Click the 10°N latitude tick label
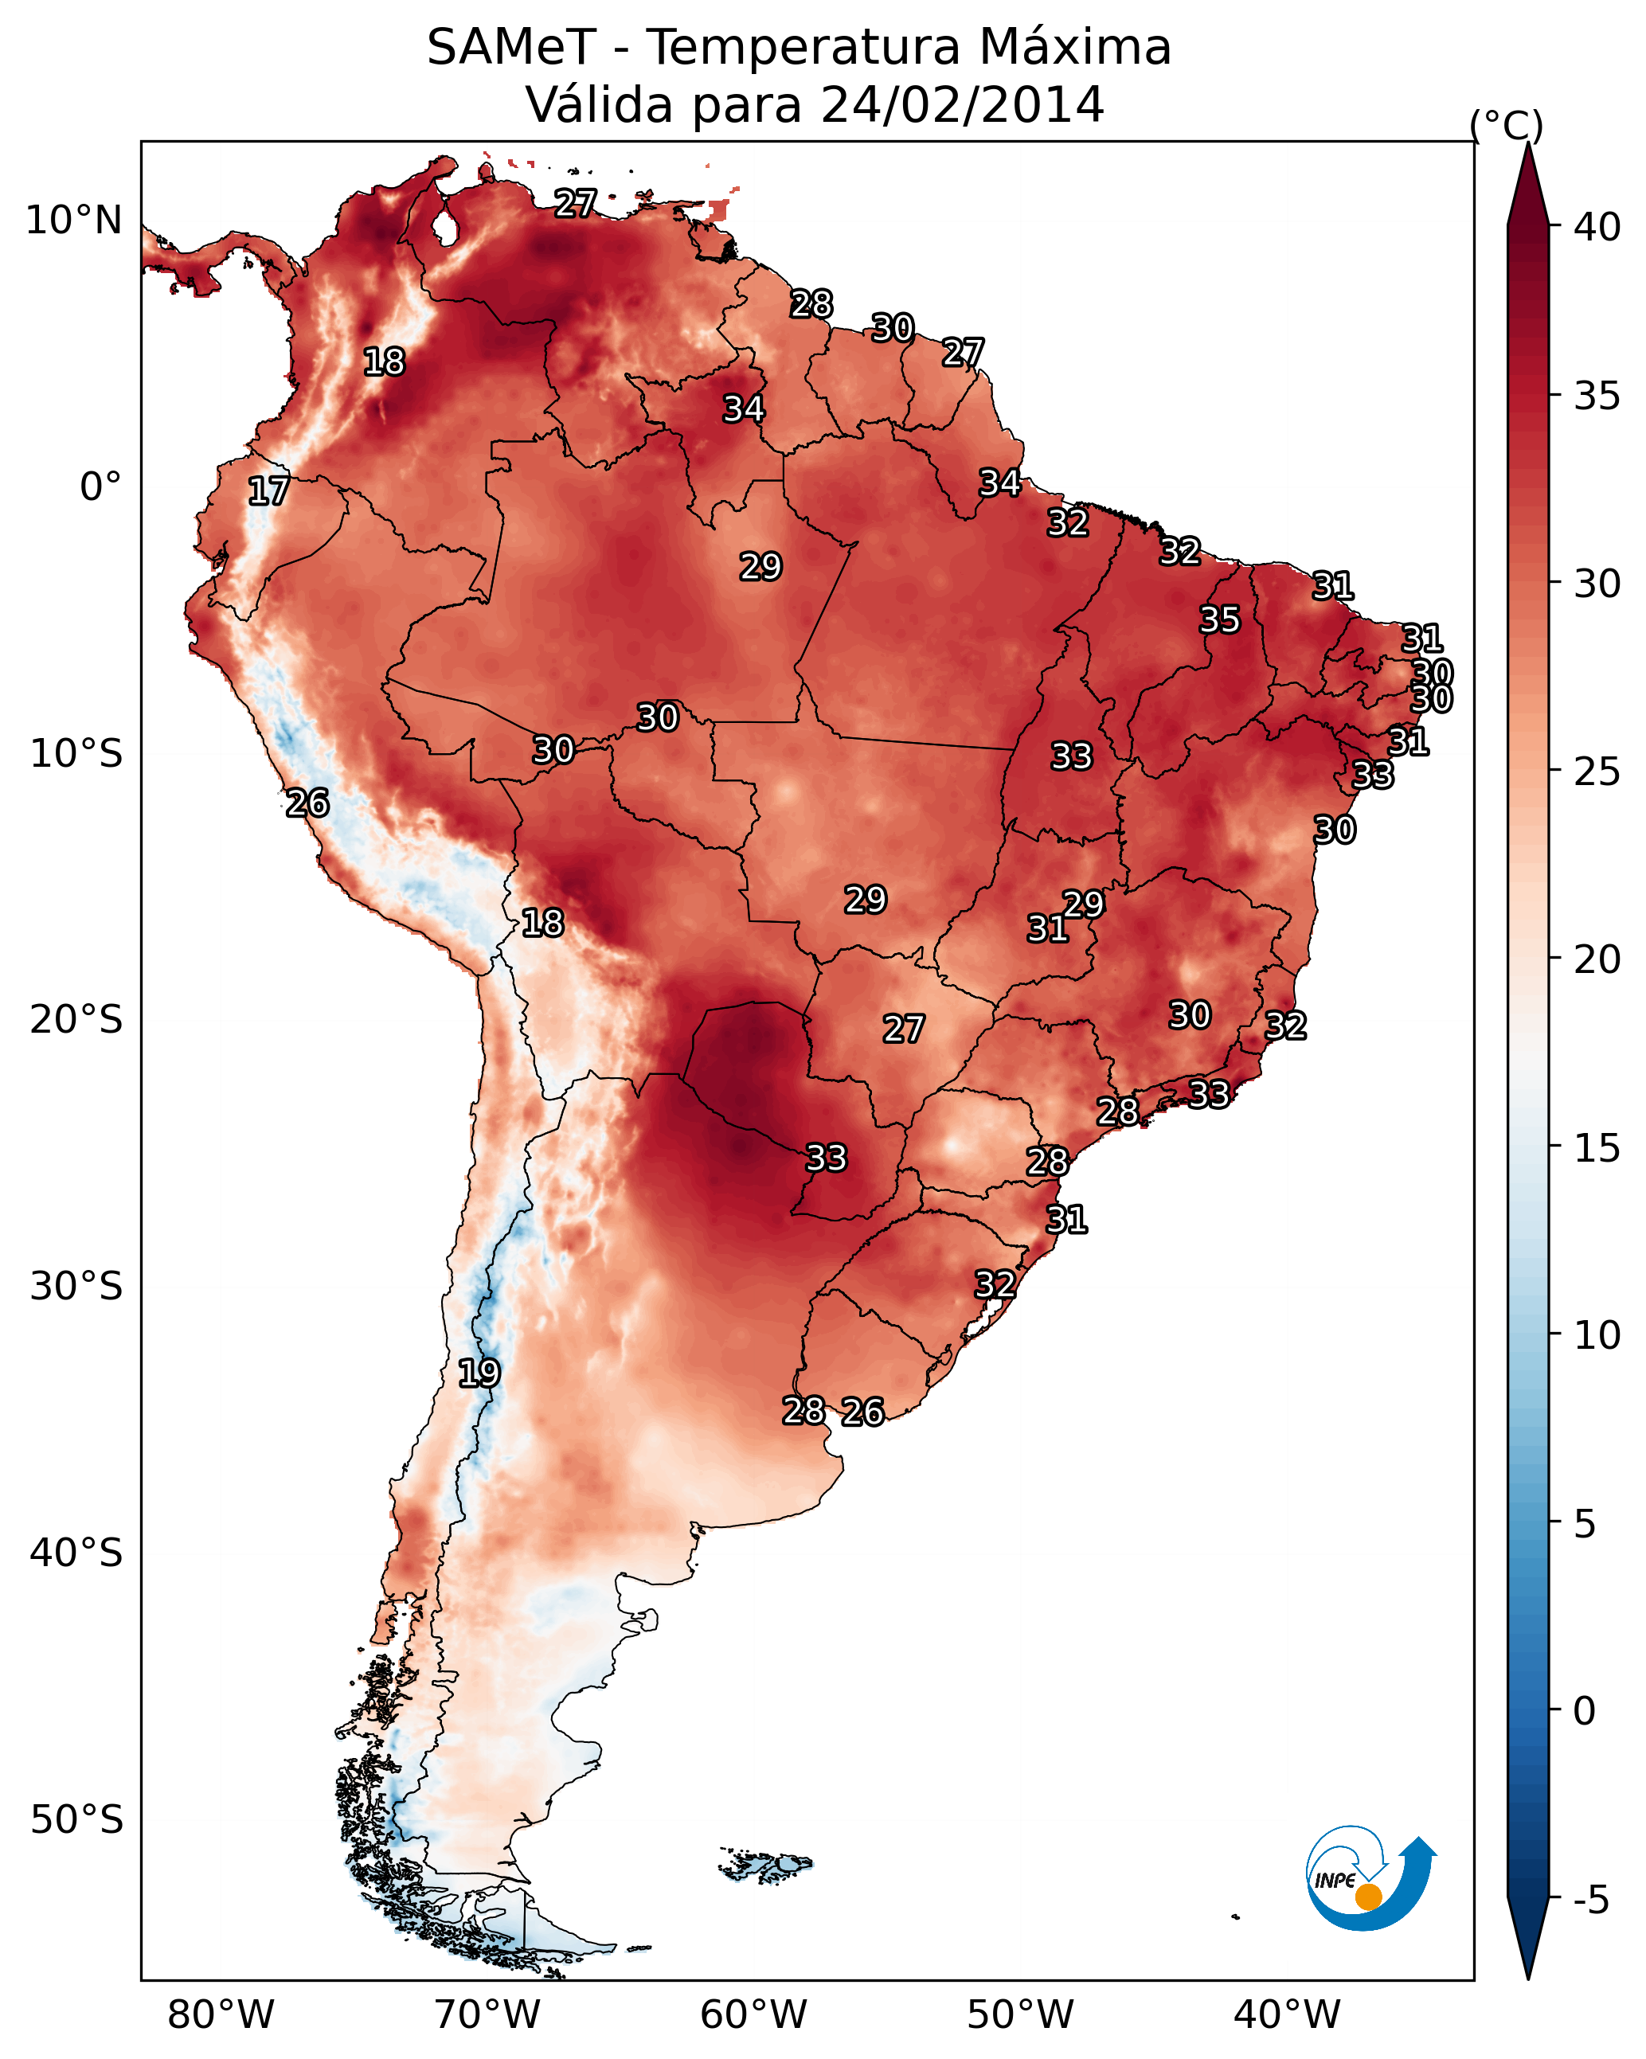(x=73, y=221)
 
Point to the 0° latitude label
(x=100, y=487)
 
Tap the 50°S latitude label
(x=76, y=1820)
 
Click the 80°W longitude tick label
(x=221, y=2014)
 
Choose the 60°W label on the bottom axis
(x=754, y=2014)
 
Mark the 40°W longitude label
(x=1287, y=2014)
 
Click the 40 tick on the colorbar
(x=1597, y=227)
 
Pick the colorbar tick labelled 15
(x=1597, y=1148)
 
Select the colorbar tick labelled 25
(x=1597, y=772)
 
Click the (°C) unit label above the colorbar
(x=1507, y=125)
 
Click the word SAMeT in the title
(x=511, y=48)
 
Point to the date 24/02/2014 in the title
(x=962, y=105)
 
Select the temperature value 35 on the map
(x=1220, y=619)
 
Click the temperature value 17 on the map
(x=268, y=491)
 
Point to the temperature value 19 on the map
(x=479, y=1373)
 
